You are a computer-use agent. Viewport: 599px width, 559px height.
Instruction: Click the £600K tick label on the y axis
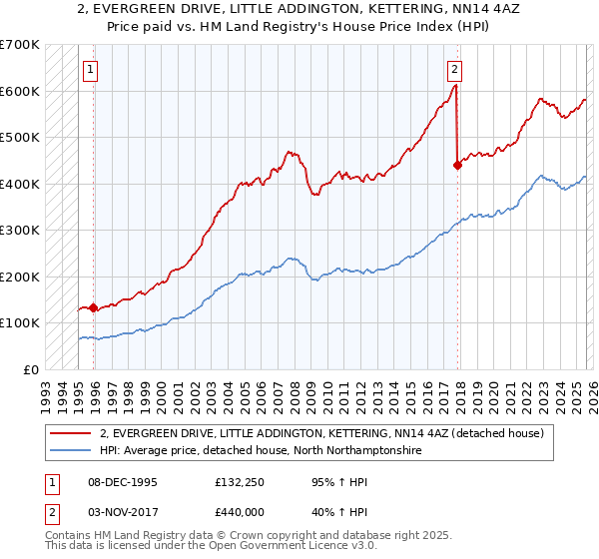point(19,91)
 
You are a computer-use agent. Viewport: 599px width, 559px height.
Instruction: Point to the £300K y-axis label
point(19,230)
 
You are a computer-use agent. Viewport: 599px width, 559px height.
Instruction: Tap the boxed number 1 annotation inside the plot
point(91,70)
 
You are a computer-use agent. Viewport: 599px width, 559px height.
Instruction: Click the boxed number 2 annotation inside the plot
point(454,70)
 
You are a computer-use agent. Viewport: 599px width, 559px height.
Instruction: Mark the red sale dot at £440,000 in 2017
point(457,166)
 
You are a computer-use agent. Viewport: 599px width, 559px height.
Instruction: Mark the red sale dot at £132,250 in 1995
point(94,308)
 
